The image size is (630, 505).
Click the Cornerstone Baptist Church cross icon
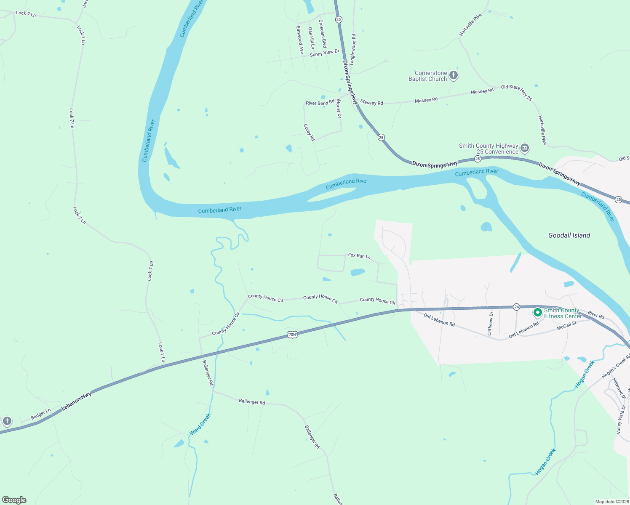[x=453, y=76]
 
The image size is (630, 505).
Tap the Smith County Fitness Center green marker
[x=537, y=313]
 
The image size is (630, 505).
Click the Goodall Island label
[x=569, y=235]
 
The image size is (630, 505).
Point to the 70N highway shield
[x=292, y=335]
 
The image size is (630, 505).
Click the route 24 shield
[x=516, y=307]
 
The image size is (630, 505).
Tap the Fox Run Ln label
[x=359, y=255]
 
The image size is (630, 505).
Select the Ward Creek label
[x=200, y=424]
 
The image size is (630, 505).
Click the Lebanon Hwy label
[x=76, y=401]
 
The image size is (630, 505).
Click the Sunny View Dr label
[x=324, y=53]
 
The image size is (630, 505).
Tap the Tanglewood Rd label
[x=353, y=49]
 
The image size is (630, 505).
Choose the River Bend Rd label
[x=320, y=103]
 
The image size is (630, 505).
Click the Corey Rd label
[x=309, y=133]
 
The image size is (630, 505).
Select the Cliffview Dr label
[x=490, y=324]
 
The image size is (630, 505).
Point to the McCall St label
[x=567, y=325]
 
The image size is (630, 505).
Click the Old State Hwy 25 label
[x=517, y=93]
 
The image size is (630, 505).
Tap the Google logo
[x=14, y=500]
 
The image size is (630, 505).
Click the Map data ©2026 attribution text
[x=611, y=502]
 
